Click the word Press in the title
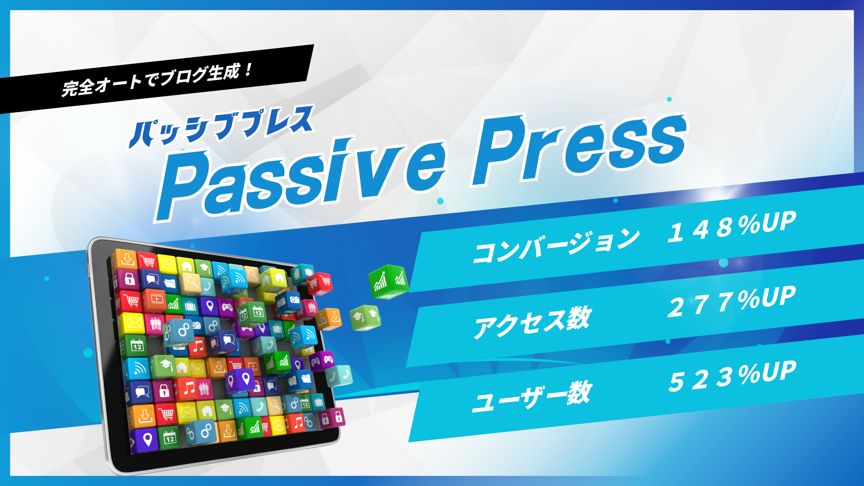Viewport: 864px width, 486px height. coord(579,148)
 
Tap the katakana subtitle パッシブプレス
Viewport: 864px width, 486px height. coord(221,127)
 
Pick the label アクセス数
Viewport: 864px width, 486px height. coord(533,322)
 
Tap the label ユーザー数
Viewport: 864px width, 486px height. coord(532,396)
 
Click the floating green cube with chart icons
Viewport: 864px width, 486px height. coord(388,282)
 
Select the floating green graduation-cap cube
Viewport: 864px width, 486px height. coord(366,318)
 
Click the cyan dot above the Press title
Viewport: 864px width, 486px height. coord(669,99)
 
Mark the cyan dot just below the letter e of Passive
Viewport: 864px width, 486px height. coord(440,201)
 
